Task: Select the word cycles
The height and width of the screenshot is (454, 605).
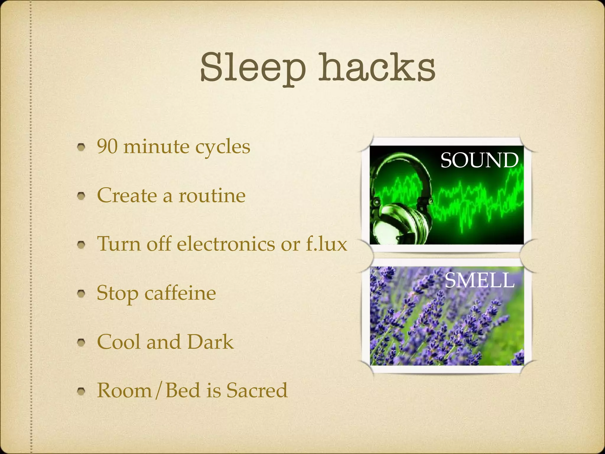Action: pyautogui.click(x=223, y=147)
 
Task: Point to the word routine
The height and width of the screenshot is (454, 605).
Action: pyautogui.click(x=212, y=195)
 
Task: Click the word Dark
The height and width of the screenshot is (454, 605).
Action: pyautogui.click(x=210, y=342)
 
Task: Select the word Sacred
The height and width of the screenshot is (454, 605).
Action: pyautogui.click(x=257, y=390)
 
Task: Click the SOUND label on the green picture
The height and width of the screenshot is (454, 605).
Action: pyautogui.click(x=479, y=160)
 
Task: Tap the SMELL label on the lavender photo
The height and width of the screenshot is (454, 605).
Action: pyautogui.click(x=479, y=280)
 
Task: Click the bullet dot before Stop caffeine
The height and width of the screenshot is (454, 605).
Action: pyautogui.click(x=82, y=294)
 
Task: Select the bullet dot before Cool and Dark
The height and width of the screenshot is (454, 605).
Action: pyautogui.click(x=82, y=342)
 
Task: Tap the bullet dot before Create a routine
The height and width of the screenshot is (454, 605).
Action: pyautogui.click(x=82, y=196)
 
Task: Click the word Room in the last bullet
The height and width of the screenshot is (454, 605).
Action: pyautogui.click(x=124, y=390)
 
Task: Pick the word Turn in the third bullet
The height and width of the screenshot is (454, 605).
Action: pyautogui.click(x=119, y=244)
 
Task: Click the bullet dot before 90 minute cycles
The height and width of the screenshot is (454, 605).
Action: pyautogui.click(x=82, y=147)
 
